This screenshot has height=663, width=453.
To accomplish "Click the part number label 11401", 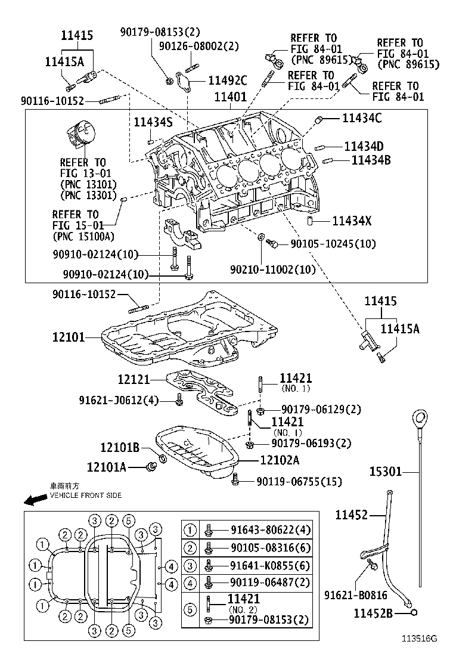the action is click(230, 97).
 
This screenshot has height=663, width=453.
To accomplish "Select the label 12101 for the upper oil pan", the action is click(69, 337).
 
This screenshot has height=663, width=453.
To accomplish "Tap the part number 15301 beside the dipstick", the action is click(386, 471).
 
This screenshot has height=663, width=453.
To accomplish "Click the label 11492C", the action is click(228, 80).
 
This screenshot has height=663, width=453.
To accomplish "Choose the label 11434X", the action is click(352, 220).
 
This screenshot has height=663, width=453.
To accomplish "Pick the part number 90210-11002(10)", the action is click(272, 269).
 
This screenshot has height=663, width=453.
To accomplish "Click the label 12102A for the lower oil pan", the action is click(280, 460).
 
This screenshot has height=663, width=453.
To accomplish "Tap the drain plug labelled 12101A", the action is click(151, 466).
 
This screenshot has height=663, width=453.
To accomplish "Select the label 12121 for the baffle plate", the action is click(134, 379).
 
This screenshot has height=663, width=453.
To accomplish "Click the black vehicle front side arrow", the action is click(36, 500).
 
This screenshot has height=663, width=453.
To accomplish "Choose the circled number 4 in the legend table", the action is click(190, 584).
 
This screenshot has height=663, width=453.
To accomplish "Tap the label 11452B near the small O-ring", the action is click(373, 613).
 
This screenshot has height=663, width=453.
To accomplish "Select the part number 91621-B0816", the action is click(355, 595).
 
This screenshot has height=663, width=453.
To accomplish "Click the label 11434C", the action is click(362, 117).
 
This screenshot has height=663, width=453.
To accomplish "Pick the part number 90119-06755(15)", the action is click(299, 481).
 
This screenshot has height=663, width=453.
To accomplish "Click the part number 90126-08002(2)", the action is click(198, 46).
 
